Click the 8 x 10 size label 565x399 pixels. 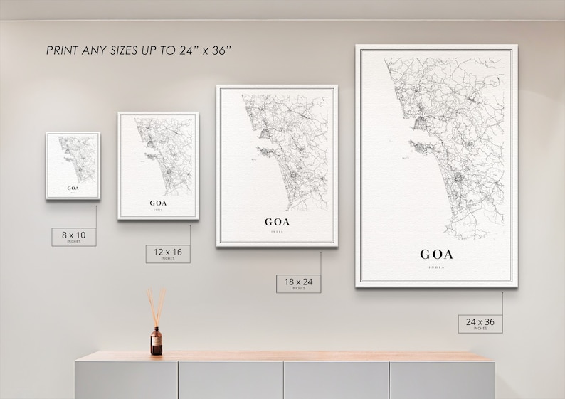[x=73, y=235]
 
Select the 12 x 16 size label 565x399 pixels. [x=168, y=253]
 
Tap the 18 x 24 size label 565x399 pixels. [x=298, y=283]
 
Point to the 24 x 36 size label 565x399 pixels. [x=480, y=324]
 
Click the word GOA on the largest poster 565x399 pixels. [x=436, y=254]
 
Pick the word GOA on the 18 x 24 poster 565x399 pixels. [x=277, y=221]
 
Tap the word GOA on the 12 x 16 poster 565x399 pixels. [x=158, y=203]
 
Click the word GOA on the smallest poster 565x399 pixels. [x=73, y=188]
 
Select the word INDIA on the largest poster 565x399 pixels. [x=436, y=268]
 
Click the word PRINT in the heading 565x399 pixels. [x=63, y=50]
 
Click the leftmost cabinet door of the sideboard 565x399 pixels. [x=127, y=381]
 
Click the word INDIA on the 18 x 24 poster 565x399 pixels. [x=277, y=231]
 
